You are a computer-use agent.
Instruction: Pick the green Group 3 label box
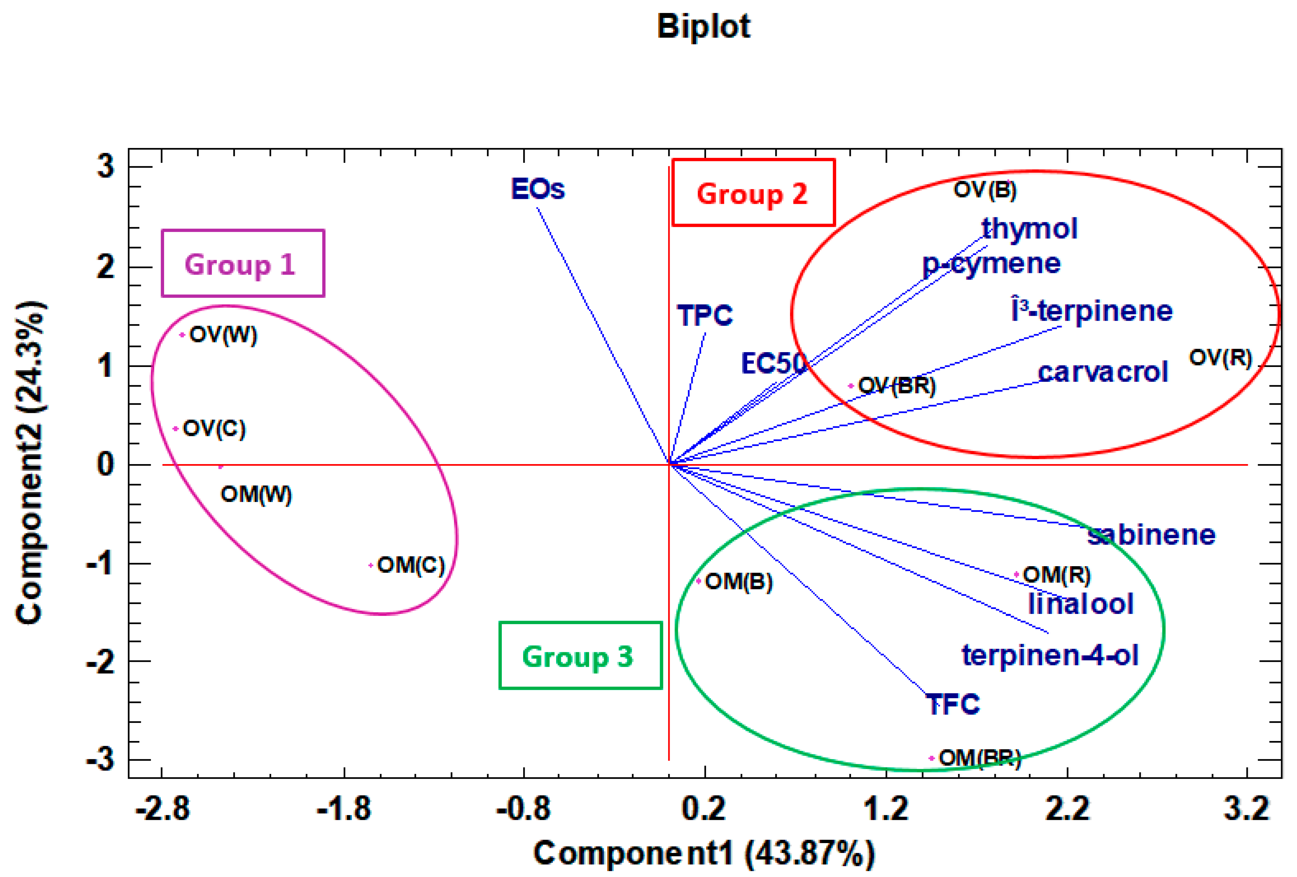580,656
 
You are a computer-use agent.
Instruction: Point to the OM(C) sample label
411,565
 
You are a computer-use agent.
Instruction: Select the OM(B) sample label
738,582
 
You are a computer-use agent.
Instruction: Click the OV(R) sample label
1221,358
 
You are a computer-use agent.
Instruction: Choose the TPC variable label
704,315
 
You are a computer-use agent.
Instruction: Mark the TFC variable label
953,704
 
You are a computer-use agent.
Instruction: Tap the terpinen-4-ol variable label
1050,655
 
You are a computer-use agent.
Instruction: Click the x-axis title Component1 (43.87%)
704,854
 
